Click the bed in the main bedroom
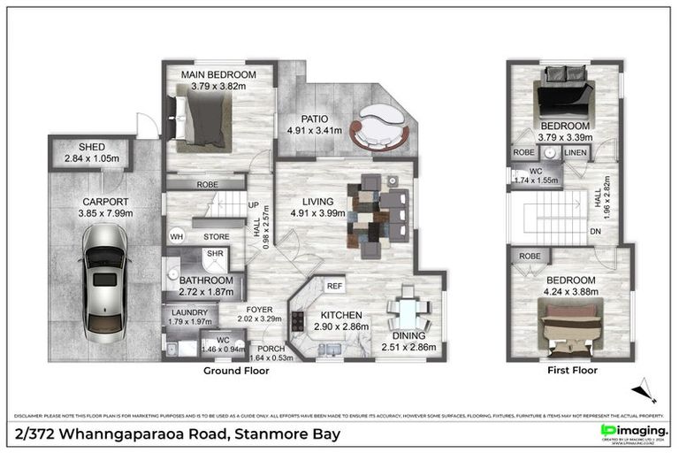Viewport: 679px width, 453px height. pyautogui.click(x=205, y=120)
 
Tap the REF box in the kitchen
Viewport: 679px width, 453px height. pyautogui.click(x=334, y=286)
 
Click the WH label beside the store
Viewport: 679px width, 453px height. pyautogui.click(x=177, y=237)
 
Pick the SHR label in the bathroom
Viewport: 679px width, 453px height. pyautogui.click(x=214, y=254)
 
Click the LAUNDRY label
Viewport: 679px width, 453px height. pyautogui.click(x=186, y=312)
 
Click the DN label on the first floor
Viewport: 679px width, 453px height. pyautogui.click(x=595, y=232)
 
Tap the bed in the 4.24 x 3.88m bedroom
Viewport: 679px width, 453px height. pyautogui.click(x=569, y=320)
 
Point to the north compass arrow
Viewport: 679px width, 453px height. pyautogui.click(x=646, y=389)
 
